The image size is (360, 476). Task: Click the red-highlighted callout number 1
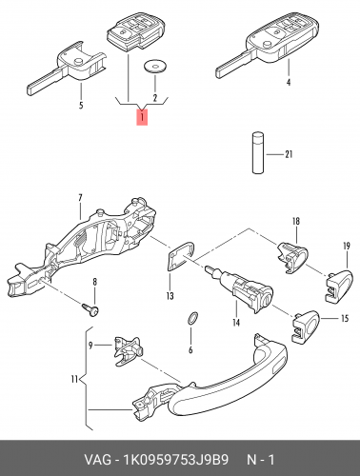142,117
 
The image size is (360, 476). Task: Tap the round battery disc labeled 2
155,66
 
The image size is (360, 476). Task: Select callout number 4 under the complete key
289,82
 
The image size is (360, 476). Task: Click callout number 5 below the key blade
81,105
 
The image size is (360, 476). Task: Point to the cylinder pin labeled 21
258,153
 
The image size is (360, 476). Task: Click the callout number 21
289,154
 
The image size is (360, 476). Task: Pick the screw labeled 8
90,310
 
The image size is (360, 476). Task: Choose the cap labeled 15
306,327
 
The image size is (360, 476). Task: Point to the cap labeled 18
292,257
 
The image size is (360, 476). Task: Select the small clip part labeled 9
128,350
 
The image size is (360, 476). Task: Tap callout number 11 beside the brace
74,379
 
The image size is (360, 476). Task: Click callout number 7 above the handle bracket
80,198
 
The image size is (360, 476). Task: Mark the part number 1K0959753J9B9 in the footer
176,460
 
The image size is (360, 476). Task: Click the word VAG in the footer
97,460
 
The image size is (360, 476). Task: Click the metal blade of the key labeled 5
46,82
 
